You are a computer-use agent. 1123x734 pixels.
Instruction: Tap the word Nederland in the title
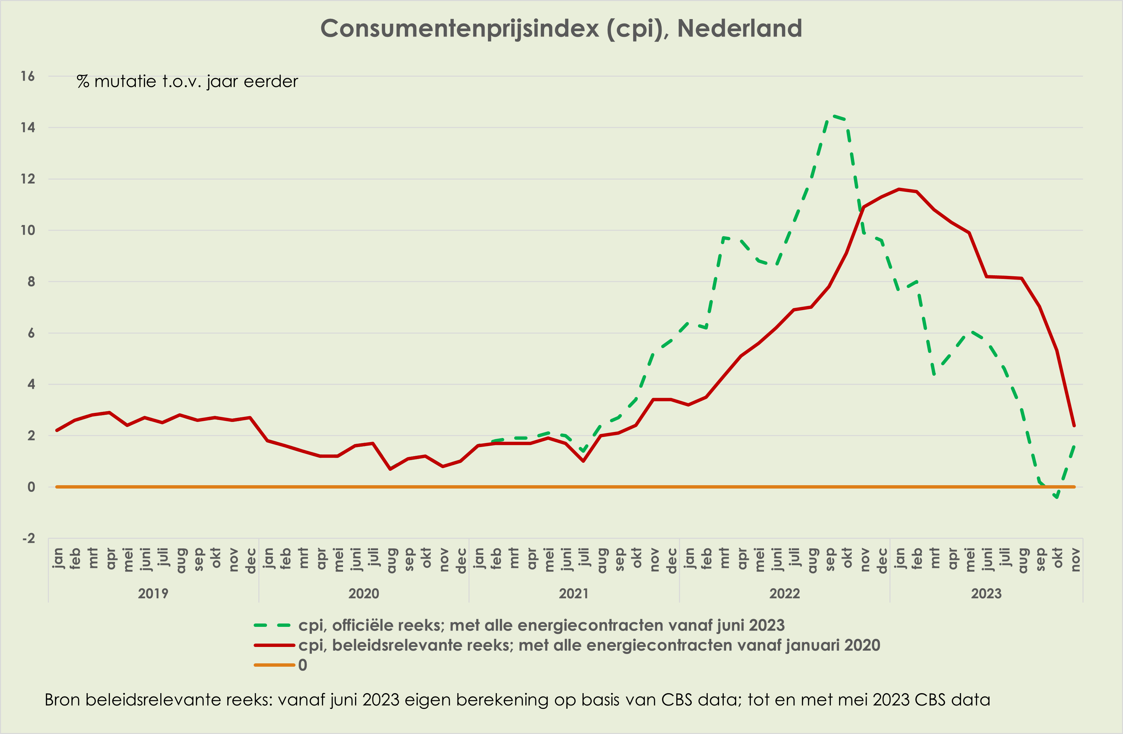coord(740,28)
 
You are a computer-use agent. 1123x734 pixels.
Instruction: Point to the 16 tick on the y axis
coord(27,76)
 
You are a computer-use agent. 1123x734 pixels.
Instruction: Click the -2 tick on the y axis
coord(28,538)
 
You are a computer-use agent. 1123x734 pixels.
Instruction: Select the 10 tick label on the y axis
coord(27,230)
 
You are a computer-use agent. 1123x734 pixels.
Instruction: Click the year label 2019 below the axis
coord(153,593)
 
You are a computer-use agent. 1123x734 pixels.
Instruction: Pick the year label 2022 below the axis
coord(784,593)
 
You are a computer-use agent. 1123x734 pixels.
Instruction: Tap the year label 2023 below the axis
coord(986,593)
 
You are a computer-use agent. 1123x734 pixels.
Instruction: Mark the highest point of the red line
coord(899,189)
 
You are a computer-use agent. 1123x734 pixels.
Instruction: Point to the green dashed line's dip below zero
coord(1057,497)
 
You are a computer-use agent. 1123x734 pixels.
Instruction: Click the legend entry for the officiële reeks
coord(541,626)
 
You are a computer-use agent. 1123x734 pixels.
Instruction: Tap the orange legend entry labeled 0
coord(302,665)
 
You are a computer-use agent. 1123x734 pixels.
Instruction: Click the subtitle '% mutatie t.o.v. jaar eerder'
coord(187,82)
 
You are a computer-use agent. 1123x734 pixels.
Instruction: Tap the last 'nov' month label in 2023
coord(1074,560)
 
